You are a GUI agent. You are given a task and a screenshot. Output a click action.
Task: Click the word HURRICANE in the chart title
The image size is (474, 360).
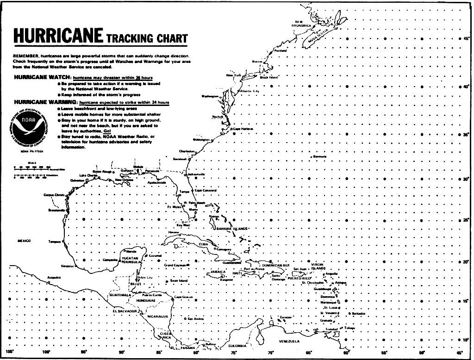(x=58, y=36)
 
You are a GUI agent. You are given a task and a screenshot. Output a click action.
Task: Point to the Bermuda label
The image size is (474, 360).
(x=320, y=156)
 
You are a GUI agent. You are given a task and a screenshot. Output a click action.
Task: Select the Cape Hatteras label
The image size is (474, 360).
(x=243, y=129)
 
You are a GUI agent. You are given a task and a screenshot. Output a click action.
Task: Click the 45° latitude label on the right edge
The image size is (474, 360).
(x=467, y=39)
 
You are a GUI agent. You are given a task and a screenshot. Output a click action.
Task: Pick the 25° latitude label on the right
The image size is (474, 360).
(x=467, y=220)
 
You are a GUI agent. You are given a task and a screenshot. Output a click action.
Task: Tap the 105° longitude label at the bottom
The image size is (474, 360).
(x=8, y=353)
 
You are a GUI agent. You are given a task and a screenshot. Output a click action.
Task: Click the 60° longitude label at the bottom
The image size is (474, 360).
(x=346, y=353)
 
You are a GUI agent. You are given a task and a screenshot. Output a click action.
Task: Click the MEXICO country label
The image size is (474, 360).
(x=24, y=241)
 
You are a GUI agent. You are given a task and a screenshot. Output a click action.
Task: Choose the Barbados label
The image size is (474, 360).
(x=359, y=314)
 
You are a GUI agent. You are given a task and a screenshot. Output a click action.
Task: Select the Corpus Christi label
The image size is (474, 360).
(x=53, y=195)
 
